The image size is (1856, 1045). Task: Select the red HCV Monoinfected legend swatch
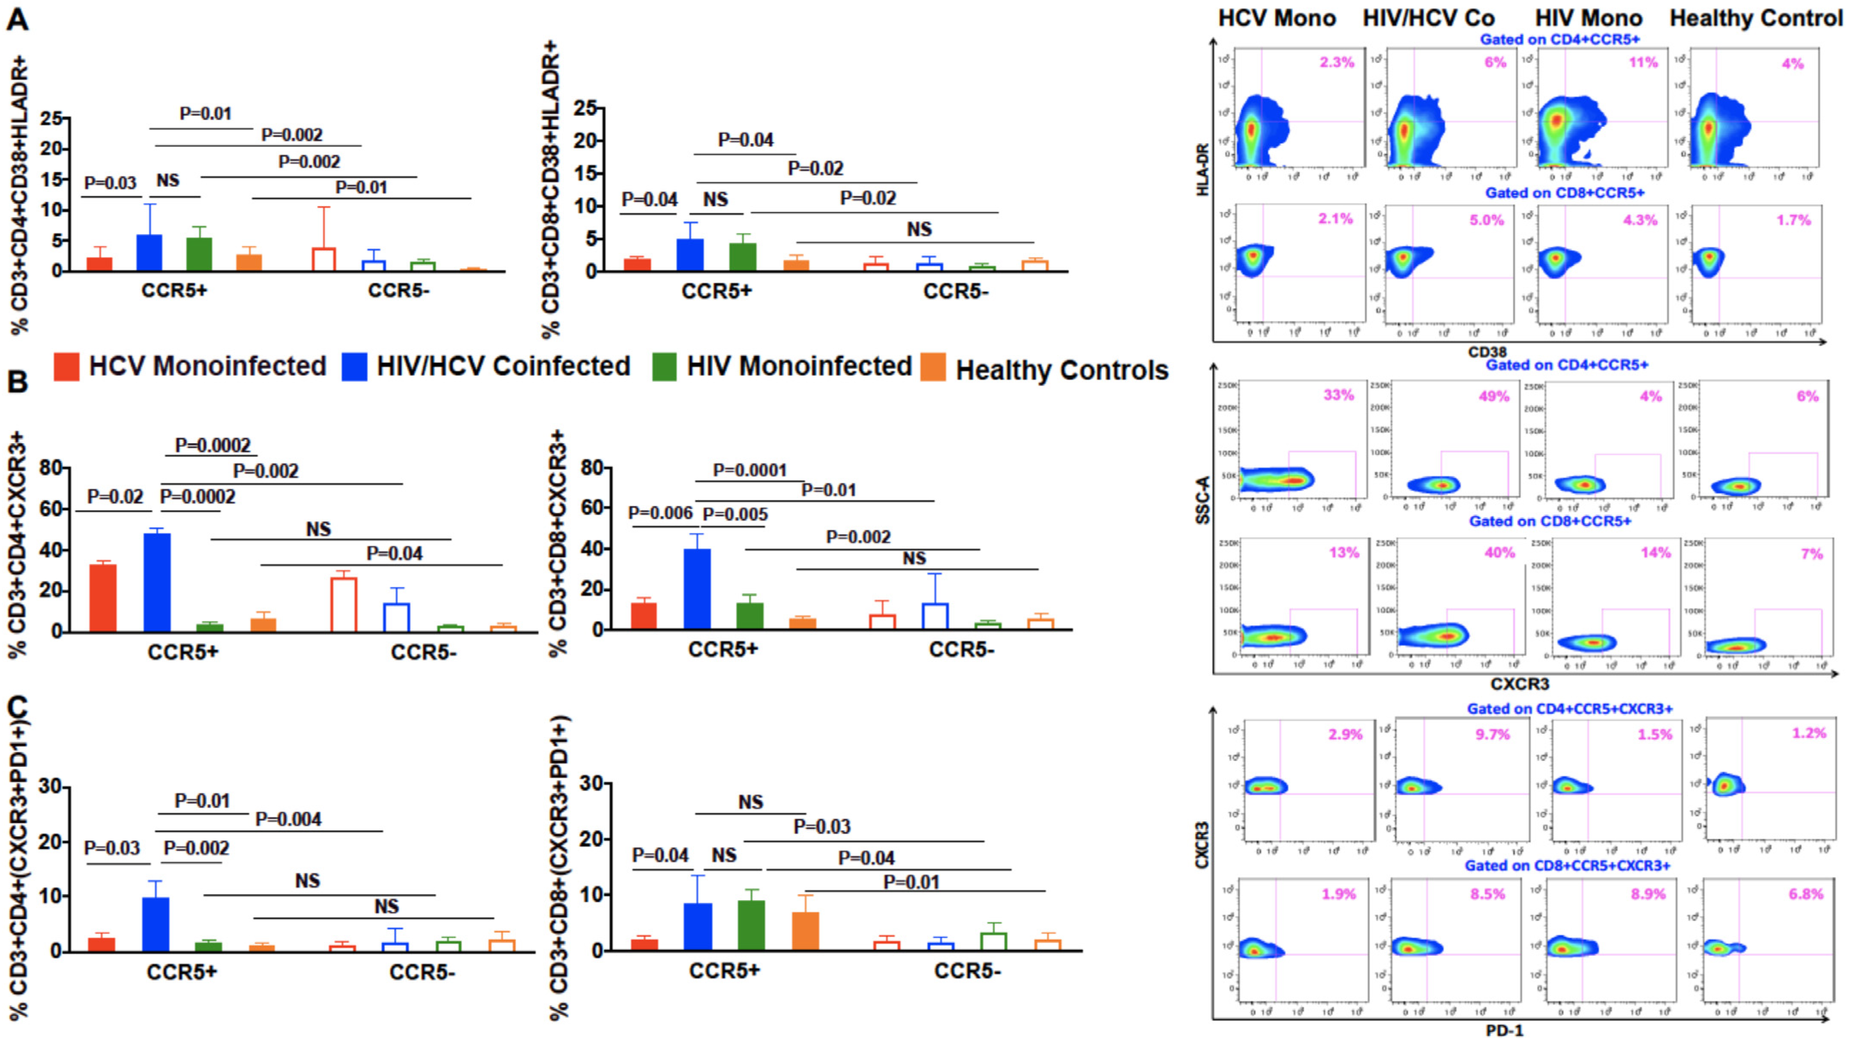coord(66,367)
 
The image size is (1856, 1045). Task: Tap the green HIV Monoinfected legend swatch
coord(663,367)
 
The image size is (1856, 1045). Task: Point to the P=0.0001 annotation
coord(750,470)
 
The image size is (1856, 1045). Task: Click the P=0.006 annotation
coord(660,513)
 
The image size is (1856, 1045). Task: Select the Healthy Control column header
coord(1756,18)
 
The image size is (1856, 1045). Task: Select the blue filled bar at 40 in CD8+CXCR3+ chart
coord(697,589)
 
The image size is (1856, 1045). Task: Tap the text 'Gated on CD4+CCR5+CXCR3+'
coord(1569,709)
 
